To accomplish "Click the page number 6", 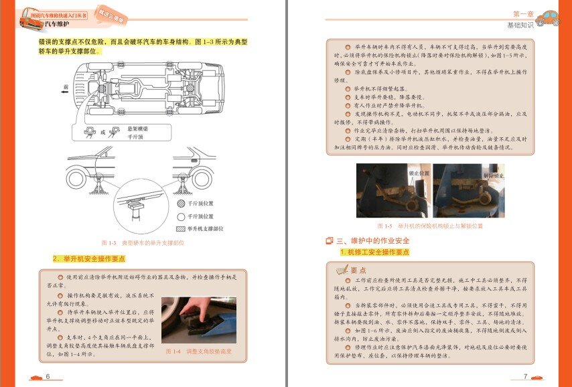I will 48,377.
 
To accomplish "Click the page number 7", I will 525,377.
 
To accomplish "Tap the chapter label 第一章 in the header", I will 524,14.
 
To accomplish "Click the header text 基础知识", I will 521,25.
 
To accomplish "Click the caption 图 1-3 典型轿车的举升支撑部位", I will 142,242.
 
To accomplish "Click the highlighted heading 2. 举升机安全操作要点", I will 88,258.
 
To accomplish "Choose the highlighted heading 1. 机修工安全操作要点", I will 374,252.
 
